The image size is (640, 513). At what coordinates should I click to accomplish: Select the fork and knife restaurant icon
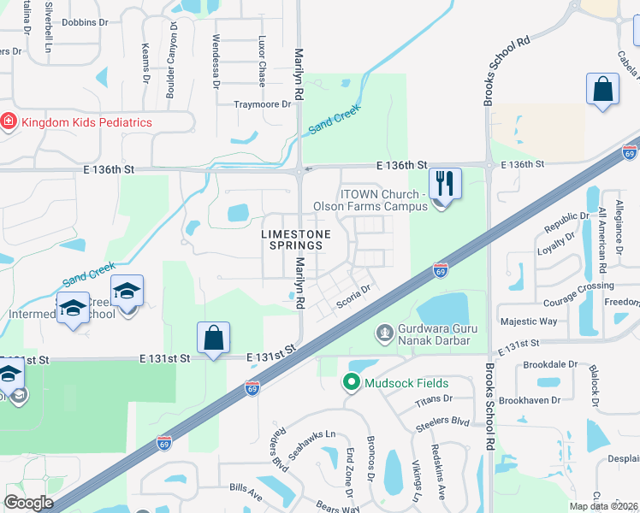pos(444,183)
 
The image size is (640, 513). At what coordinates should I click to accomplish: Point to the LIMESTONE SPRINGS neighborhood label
pos(292,239)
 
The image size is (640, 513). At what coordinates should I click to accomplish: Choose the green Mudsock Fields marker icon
pos(350,383)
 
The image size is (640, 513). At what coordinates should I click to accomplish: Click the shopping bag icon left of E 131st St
pos(213,338)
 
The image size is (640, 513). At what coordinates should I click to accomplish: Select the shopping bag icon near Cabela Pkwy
pos(602,90)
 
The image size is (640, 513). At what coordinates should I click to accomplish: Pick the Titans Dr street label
pos(434,399)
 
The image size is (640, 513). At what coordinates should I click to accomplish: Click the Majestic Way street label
pos(528,321)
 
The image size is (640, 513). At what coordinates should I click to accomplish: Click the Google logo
pos(28,503)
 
